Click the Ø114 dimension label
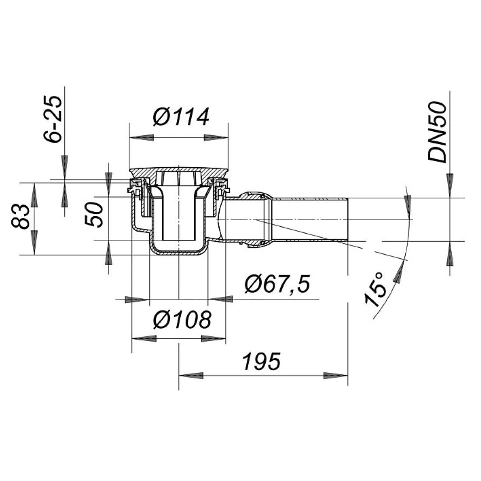coord(181,117)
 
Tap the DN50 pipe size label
coord(438,132)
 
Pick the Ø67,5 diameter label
coord(277,284)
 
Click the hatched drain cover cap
coord(179,171)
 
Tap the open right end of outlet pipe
coord(348,219)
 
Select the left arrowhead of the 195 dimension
coord(192,376)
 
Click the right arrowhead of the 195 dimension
coord(335,376)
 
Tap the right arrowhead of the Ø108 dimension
coord(214,338)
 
